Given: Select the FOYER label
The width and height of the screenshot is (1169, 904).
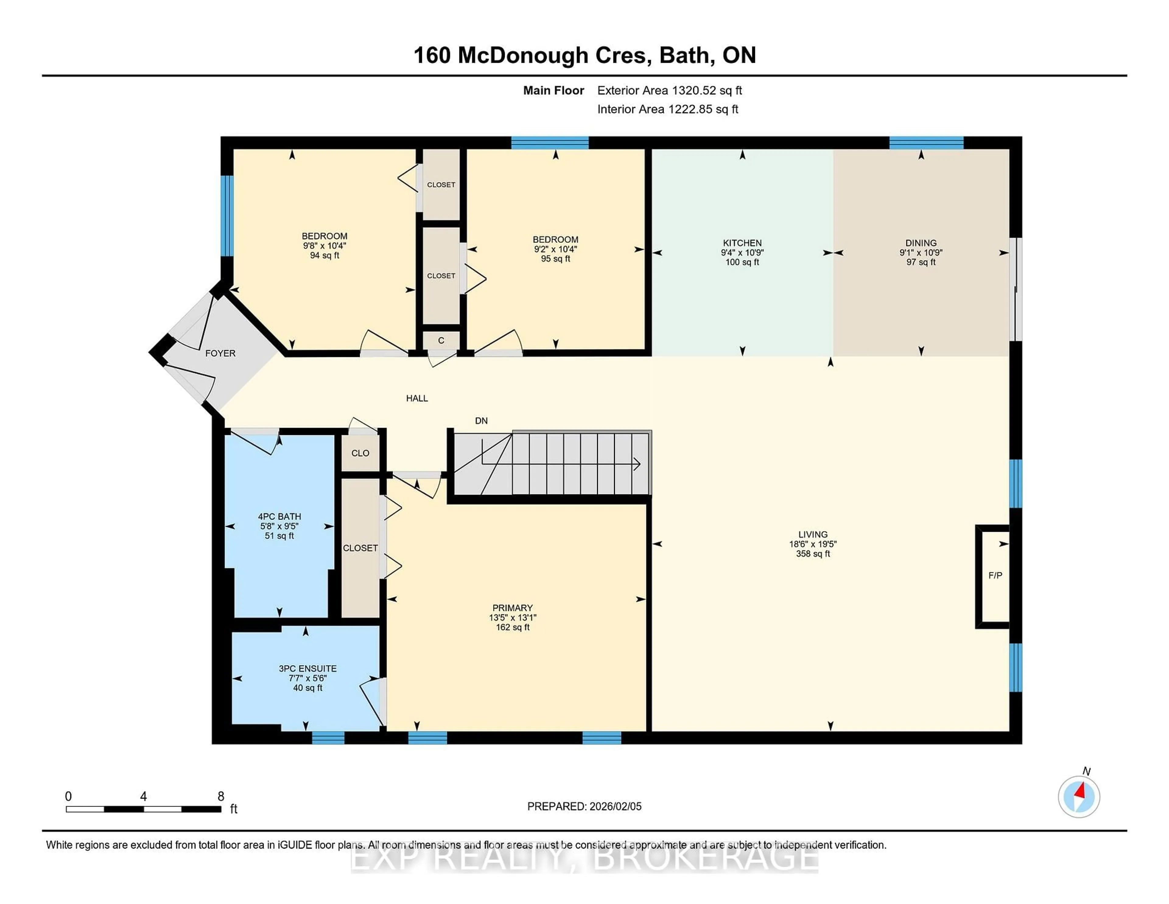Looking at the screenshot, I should [220, 353].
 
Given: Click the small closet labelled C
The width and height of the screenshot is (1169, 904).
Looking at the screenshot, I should [441, 341].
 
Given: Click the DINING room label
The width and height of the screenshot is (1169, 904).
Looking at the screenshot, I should [921, 243].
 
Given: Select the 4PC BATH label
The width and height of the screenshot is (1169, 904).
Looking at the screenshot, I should [279, 516].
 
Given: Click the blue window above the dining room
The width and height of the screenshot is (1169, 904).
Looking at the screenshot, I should [926, 143].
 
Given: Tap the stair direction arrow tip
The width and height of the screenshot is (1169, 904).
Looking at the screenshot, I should [639, 464].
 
